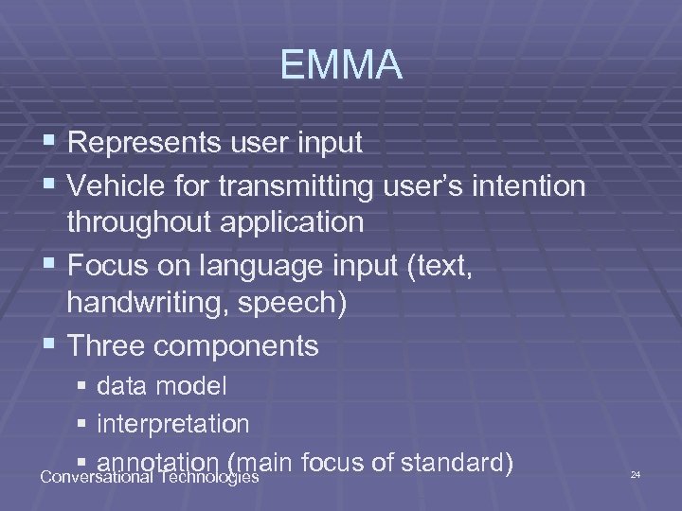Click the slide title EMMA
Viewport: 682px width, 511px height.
(341, 66)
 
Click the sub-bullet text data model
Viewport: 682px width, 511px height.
(162, 386)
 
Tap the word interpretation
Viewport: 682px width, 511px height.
(173, 424)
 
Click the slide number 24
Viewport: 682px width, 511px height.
(636, 473)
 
